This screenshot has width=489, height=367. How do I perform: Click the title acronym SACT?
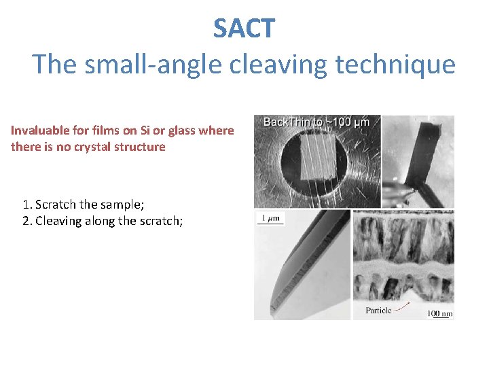tap(244, 29)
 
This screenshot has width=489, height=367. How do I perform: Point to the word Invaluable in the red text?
tap(39, 130)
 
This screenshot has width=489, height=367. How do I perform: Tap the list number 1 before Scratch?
tap(26, 205)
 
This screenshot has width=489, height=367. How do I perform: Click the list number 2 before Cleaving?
tap(26, 221)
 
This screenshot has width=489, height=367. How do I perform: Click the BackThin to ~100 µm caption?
tap(316, 122)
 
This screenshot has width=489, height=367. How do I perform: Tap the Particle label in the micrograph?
tap(378, 311)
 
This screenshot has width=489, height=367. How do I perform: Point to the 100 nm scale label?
tap(439, 313)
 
